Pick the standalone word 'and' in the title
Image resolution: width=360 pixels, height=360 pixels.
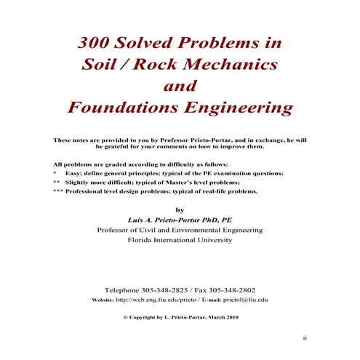[180, 87]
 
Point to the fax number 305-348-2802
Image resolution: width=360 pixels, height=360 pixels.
[231, 289]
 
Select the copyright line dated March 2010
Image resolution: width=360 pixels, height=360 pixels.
[180, 318]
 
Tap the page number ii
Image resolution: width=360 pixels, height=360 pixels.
[306, 339]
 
